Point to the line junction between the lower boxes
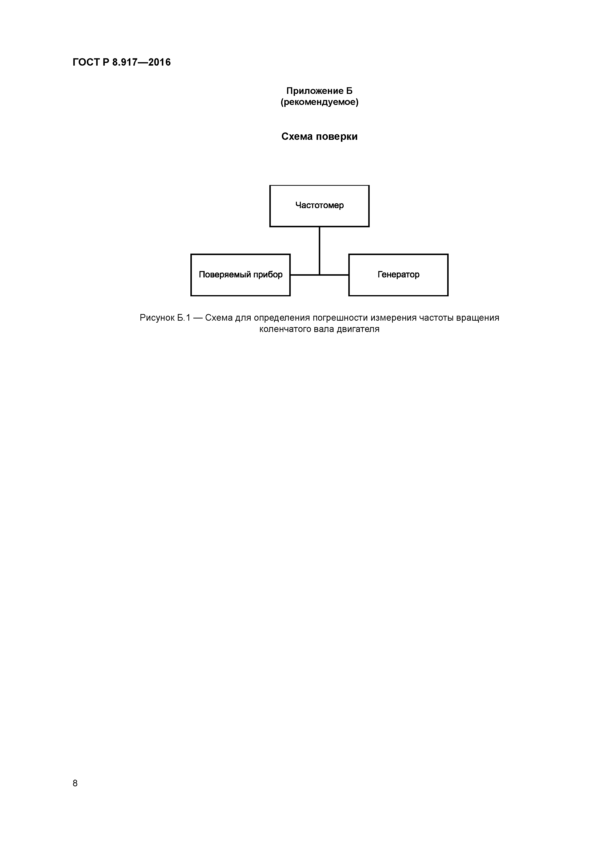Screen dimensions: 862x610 click(x=320, y=275)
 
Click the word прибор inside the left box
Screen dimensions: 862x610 click(x=268, y=275)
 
